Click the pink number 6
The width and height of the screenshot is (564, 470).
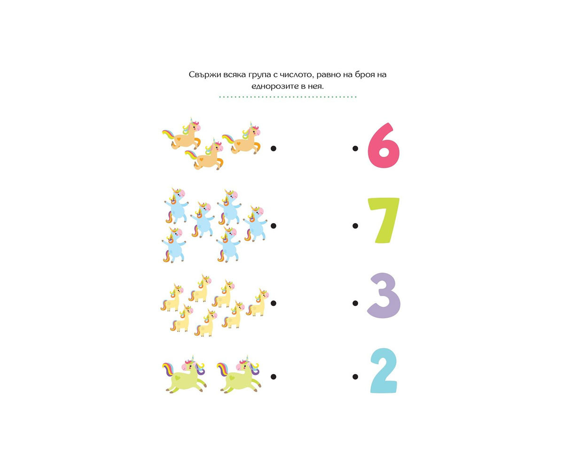coord(384,146)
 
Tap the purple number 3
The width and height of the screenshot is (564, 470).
coord(384,295)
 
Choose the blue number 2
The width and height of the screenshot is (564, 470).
coord(384,371)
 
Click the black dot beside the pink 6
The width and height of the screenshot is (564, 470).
coord(355,148)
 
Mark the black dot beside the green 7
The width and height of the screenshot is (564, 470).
coord(355,226)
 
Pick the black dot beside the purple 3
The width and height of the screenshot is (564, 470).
coord(355,303)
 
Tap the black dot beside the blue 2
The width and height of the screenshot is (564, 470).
coord(355,376)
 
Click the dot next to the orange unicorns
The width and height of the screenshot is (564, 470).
coord(274,148)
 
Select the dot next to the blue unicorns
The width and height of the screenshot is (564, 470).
coord(274,226)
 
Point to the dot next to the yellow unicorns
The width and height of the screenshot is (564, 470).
coord(274,303)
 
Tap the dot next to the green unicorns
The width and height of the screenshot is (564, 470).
coord(274,376)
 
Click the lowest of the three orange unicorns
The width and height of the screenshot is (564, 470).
coord(204,154)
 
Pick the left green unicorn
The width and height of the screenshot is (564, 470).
coord(185,375)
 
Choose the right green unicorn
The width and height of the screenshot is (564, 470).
coord(239,375)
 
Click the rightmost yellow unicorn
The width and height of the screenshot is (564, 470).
coord(258,302)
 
